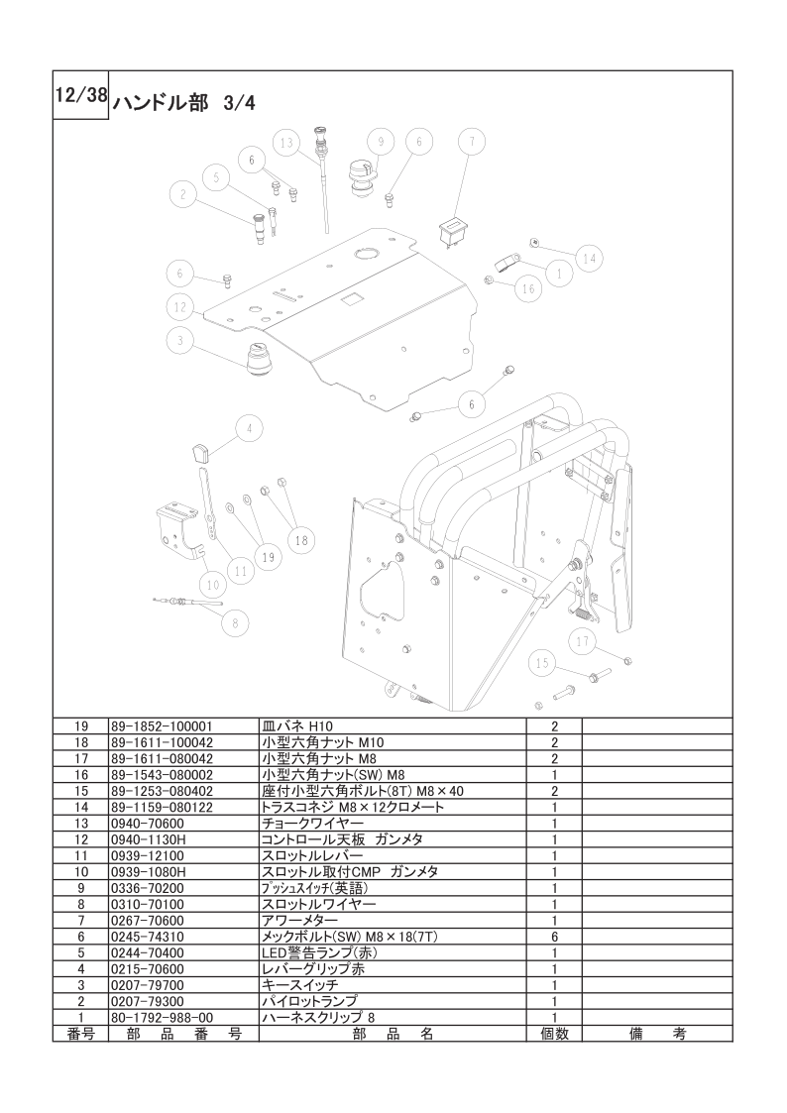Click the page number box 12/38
pyautogui.click(x=80, y=95)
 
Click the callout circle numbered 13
pyautogui.click(x=286, y=144)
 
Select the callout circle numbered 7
pyautogui.click(x=472, y=142)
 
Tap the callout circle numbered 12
pyautogui.click(x=180, y=307)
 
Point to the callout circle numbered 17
pyautogui.click(x=583, y=642)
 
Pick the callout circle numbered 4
pyautogui.click(x=249, y=429)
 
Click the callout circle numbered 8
pyautogui.click(x=236, y=623)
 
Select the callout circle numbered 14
pyautogui.click(x=590, y=259)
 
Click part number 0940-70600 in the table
pyautogui.click(x=148, y=824)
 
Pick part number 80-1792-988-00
pyautogui.click(x=163, y=1018)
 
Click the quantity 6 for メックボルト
pyautogui.click(x=555, y=937)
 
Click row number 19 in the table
pyautogui.click(x=80, y=726)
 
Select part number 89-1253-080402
pyautogui.click(x=163, y=792)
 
